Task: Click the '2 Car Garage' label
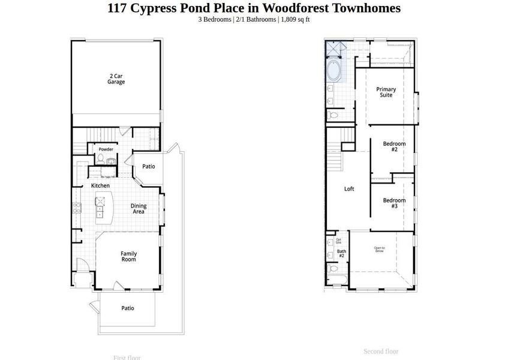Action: pyautogui.click(x=116, y=79)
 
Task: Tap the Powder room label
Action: pyautogui.click(x=106, y=149)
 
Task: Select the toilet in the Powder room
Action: pyautogui.click(x=101, y=158)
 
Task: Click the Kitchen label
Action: pyautogui.click(x=100, y=186)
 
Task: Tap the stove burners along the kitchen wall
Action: pyautogui.click(x=77, y=209)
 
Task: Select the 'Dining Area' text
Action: pyautogui.click(x=139, y=209)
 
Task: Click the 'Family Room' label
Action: pyautogui.click(x=128, y=257)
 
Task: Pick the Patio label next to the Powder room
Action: pyautogui.click(x=149, y=166)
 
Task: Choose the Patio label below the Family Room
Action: pyautogui.click(x=128, y=308)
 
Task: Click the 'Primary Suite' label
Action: pyautogui.click(x=386, y=92)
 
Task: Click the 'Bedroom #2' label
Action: pyautogui.click(x=394, y=146)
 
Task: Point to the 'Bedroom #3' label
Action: pyautogui.click(x=394, y=203)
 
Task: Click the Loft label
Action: pyautogui.click(x=349, y=189)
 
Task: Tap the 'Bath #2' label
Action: pyautogui.click(x=341, y=254)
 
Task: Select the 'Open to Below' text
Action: pyautogui.click(x=379, y=250)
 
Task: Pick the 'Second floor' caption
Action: pyautogui.click(x=381, y=352)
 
